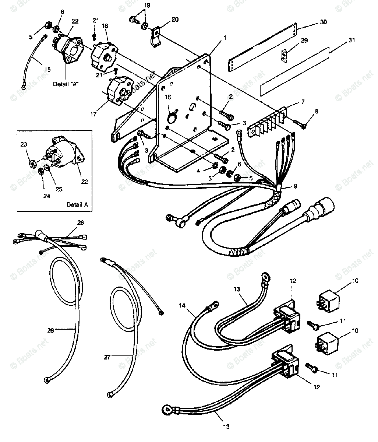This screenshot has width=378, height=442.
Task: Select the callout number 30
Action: (324, 22)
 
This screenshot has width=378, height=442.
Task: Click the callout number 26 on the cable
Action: (50, 330)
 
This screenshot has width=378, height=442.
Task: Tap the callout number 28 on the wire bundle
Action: (80, 223)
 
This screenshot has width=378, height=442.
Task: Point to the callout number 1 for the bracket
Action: (224, 38)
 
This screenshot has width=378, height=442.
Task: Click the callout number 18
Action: (105, 26)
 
